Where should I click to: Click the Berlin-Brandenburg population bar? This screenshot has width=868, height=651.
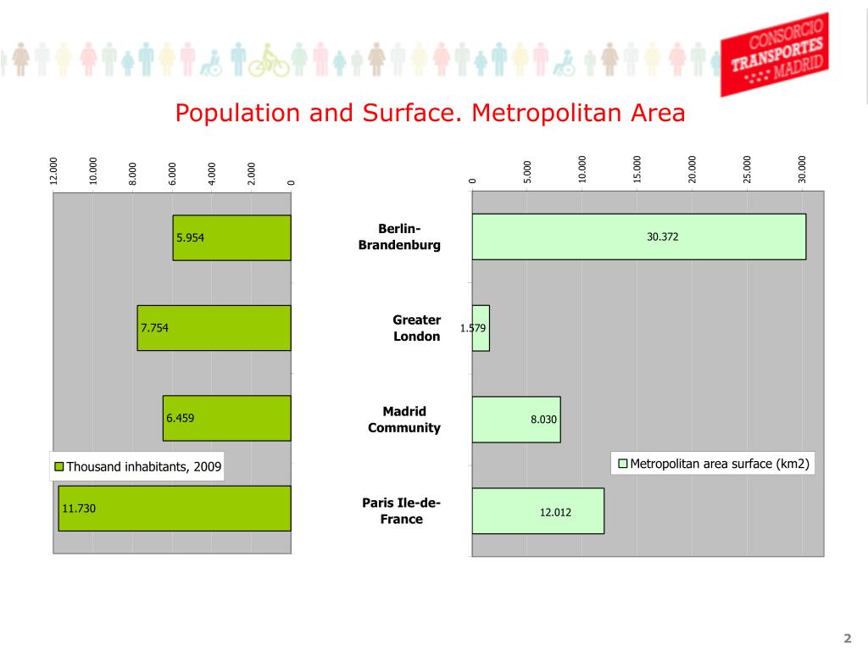pos(231,237)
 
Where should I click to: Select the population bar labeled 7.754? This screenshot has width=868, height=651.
pos(214,328)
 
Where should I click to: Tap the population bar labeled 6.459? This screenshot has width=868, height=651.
pos(226,418)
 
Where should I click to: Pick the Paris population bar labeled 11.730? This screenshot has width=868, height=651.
pos(174,509)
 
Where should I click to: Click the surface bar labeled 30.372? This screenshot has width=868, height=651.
pos(638,236)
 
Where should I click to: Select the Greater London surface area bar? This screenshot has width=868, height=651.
pos(481,328)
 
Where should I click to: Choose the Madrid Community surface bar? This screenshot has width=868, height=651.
pos(515,419)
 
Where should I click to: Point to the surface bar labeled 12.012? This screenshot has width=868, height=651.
pos(537,511)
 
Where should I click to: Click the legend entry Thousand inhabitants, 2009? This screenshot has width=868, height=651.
pos(138,466)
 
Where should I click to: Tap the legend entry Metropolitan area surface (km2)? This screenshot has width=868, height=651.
pos(713,464)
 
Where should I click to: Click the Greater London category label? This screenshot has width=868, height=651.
pos(416,328)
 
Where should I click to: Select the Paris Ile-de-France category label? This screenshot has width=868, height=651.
pos(401,511)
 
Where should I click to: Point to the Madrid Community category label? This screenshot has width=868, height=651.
pos(403,420)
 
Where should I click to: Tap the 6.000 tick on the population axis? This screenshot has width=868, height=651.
pos(172,173)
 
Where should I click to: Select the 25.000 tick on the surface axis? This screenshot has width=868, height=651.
pos(748,169)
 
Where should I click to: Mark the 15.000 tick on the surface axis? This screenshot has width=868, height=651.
pos(637,169)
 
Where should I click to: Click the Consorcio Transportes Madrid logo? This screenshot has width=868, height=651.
pos(774,53)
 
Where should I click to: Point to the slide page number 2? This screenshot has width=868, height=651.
pos(846,637)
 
